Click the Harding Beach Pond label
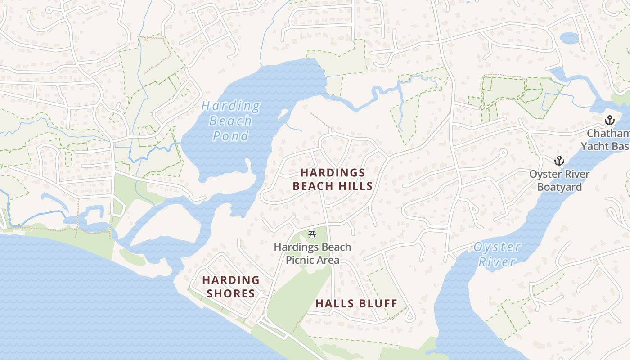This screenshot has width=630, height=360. pos(230,121)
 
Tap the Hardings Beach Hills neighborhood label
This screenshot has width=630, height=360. pos(333,179)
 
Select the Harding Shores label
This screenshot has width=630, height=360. pos(231,287)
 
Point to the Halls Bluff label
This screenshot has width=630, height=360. pos(356,303)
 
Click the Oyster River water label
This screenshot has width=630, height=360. pos(497,254)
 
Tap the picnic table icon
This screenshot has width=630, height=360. pos(312,234)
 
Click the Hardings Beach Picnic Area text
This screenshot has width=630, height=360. pos(312,253)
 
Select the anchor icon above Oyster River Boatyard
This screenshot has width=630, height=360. pos(559,161)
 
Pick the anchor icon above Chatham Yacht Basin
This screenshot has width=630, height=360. pos(610,120)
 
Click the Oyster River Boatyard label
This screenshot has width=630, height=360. pos(559,180)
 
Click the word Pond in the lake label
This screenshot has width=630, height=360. pos(230,136)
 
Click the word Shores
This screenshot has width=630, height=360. pos(231,293)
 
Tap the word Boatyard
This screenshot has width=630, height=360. pos(559,187)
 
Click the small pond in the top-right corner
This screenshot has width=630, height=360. pos(569,38)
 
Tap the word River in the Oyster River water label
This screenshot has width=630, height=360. pos(497,262)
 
